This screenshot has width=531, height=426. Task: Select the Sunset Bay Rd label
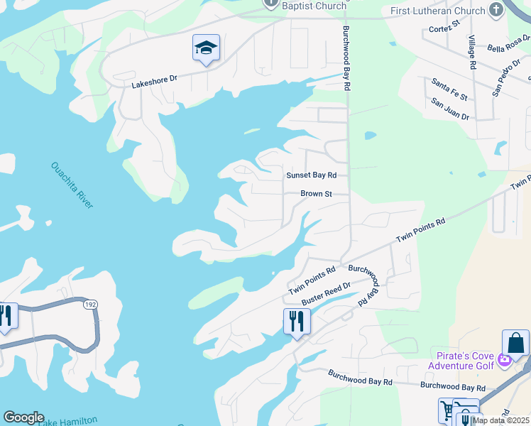311,175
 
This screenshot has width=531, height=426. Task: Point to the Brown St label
317,193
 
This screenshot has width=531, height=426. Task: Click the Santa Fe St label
449,90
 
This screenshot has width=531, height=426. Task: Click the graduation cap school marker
206,48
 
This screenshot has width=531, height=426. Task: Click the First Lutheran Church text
437,11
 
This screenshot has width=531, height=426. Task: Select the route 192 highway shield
90,305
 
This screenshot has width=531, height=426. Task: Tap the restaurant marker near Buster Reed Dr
296,321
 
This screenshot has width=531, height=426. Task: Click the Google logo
23,417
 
